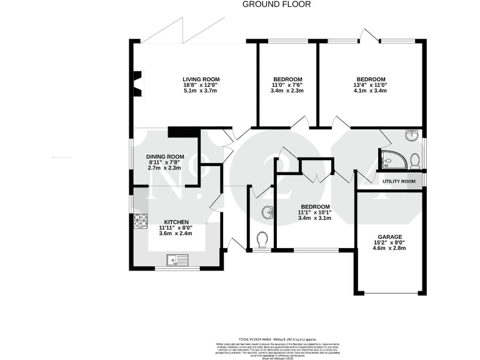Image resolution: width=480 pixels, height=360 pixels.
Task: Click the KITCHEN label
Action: (176, 222)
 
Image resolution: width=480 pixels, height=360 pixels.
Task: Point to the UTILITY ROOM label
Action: (399, 181)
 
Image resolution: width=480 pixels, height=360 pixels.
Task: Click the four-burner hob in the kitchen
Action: (139, 221)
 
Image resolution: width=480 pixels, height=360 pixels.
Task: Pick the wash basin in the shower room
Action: (411, 135)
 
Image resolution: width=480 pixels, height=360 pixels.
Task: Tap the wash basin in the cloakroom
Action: (267, 213)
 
